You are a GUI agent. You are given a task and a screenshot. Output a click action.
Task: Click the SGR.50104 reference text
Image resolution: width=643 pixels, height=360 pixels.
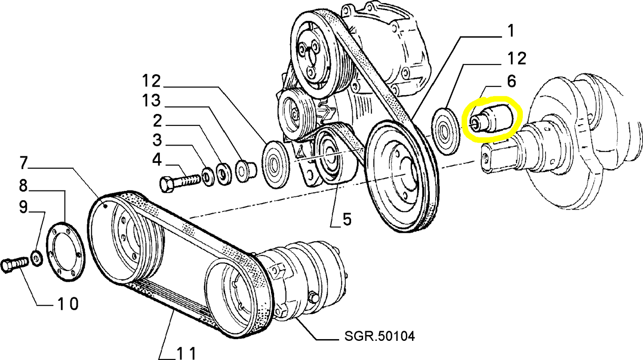coord(380,336)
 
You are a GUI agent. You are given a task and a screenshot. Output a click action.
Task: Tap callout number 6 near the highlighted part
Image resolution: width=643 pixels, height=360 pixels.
coord(511,81)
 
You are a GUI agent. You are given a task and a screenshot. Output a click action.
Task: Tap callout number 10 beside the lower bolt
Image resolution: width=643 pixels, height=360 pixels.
coord(68,304)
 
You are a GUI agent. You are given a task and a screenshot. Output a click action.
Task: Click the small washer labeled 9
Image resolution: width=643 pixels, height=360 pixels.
coord(37,258)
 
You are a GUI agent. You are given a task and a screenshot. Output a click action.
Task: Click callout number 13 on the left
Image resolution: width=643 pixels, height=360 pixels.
coord(151,101)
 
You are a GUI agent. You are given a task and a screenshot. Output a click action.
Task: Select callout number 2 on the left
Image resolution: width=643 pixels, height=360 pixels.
coord(157,121)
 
